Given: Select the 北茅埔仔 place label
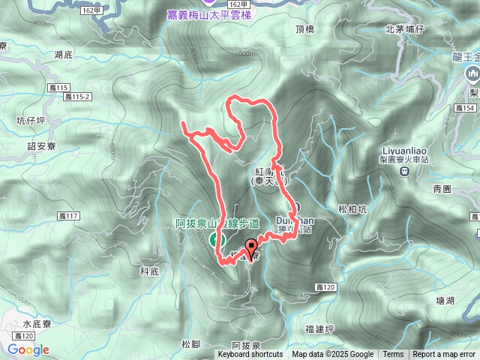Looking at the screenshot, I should [405, 29].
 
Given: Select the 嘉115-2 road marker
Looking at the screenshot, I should [77, 97].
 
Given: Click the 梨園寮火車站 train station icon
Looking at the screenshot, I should [405, 171].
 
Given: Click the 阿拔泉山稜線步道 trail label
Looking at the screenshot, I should [217, 223].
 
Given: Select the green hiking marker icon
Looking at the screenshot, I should [215, 239].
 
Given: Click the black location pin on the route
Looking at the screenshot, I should [251, 244].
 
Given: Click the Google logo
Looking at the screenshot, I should [29, 349].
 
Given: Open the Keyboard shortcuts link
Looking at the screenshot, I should [250, 355].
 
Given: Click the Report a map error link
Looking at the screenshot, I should [445, 355].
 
